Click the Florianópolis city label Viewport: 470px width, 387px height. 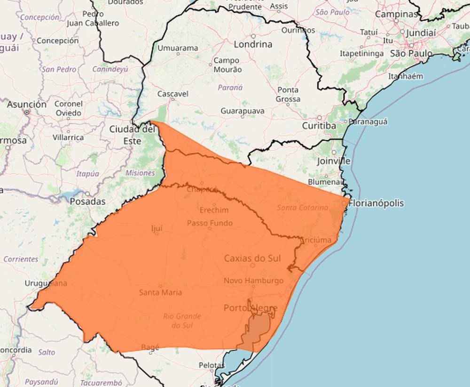[376, 203]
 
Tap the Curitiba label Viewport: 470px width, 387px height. [319, 126]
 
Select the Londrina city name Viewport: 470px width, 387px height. [253, 44]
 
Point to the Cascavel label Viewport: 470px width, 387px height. [172, 94]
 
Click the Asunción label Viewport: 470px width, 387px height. [27, 104]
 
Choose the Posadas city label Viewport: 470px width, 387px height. [87, 202]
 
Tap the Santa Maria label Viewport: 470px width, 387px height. [160, 292]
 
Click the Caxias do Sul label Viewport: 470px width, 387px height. [252, 258]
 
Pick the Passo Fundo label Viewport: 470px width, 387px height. [210, 223]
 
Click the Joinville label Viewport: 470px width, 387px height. [334, 161]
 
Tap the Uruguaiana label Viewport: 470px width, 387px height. [46, 283]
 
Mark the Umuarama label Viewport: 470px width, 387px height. [178, 48]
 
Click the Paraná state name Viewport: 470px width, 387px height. [230, 87]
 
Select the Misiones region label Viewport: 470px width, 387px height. [140, 173]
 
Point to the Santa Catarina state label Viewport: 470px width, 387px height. [303, 208]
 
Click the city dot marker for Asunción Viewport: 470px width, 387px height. [27, 112]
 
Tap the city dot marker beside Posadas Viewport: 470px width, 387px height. [87, 194]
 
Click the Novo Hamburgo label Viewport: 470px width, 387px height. [253, 281]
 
